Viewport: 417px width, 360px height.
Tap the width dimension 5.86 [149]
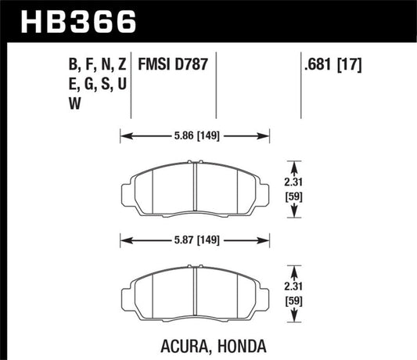(x=193, y=134)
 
